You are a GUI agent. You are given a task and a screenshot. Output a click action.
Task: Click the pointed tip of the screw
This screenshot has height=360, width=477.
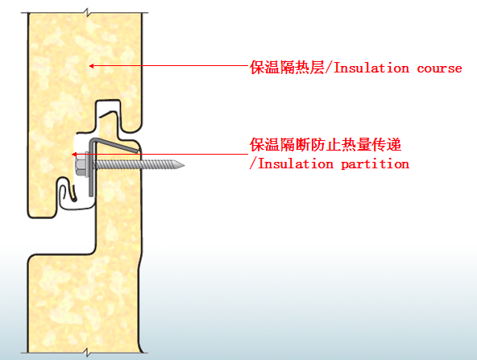[x=184, y=165]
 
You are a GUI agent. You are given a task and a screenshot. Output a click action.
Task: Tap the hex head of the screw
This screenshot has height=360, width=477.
[x=80, y=166]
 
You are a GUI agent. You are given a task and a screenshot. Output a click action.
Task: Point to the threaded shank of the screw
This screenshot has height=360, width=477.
[x=135, y=165]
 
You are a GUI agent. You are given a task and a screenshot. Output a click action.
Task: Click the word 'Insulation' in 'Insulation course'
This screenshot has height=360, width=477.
[x=371, y=68]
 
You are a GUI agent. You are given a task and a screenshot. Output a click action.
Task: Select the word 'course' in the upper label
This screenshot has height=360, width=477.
[x=439, y=68]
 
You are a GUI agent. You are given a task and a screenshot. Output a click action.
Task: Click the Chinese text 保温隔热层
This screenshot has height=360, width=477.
[x=287, y=67]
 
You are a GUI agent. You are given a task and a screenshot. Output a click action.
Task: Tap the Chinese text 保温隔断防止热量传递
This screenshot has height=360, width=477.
[x=326, y=144]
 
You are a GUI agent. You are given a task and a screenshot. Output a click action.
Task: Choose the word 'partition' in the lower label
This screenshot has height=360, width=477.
[x=375, y=164]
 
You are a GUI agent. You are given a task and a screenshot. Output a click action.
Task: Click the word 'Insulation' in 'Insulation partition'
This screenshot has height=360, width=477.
[x=296, y=163]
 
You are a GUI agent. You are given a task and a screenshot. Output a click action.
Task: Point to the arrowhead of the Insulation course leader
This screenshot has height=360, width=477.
[x=91, y=66]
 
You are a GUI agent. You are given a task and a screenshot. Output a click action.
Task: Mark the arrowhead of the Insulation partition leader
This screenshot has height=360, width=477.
[x=74, y=155]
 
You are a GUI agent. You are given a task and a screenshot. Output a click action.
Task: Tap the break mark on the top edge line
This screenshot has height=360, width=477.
[x=87, y=13]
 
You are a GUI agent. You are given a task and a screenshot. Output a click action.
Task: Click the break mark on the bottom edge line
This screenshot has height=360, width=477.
[x=87, y=353]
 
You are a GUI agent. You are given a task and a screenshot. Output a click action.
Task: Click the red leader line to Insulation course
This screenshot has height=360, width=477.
[x=170, y=66]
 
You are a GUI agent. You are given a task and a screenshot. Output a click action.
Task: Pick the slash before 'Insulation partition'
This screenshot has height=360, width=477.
[x=253, y=163]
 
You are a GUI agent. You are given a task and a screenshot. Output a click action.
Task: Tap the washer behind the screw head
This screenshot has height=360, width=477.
[x=88, y=165]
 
